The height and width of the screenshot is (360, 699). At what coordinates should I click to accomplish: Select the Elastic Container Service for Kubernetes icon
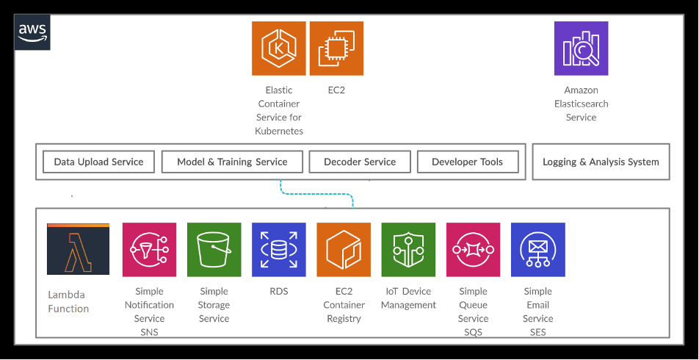[x=278, y=48]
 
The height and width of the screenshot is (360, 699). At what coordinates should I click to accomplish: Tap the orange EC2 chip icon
[x=336, y=48]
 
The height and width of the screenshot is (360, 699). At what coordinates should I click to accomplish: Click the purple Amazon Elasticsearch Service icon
[x=581, y=48]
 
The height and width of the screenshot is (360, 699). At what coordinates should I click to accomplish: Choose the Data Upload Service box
[x=98, y=162]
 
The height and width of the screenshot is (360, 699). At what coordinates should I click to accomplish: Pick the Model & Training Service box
[x=231, y=162]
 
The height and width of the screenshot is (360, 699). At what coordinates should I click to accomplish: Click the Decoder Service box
[x=360, y=162]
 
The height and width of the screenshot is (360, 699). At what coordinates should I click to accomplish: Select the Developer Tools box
[x=468, y=162]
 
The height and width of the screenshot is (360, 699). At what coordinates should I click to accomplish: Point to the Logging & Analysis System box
[x=601, y=162]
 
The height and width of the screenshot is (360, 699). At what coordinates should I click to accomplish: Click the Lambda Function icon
[x=78, y=249]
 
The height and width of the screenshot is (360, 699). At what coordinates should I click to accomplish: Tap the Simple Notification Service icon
[x=150, y=250]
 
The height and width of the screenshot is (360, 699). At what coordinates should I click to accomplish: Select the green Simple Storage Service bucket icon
[x=214, y=250]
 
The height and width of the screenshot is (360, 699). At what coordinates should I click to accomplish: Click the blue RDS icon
[x=278, y=250]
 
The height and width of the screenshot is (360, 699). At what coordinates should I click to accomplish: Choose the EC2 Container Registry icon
[x=344, y=250]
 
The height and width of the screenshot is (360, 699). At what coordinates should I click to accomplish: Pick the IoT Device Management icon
[x=408, y=250]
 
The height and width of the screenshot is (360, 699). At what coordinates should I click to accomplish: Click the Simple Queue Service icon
[x=473, y=250]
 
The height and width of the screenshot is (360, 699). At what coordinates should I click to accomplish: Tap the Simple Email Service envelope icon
[x=538, y=250]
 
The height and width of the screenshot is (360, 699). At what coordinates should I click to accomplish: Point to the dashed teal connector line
[x=316, y=194]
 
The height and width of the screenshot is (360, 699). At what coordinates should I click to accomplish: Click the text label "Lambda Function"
[x=68, y=302]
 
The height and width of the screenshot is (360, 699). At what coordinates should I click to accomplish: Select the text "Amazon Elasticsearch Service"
[x=581, y=104]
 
